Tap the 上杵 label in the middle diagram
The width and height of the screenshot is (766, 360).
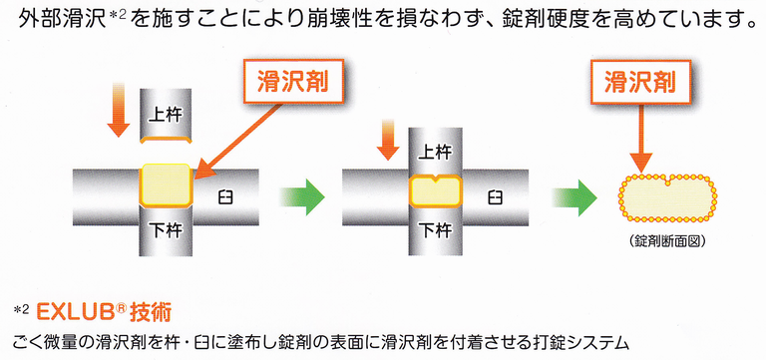pyautogui.click(x=435, y=153)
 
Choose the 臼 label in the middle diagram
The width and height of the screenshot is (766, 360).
pyautogui.click(x=495, y=196)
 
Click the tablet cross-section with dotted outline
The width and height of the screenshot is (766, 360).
pyautogui.click(x=664, y=196)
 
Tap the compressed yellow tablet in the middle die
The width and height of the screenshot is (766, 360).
pyautogui.click(x=434, y=190)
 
